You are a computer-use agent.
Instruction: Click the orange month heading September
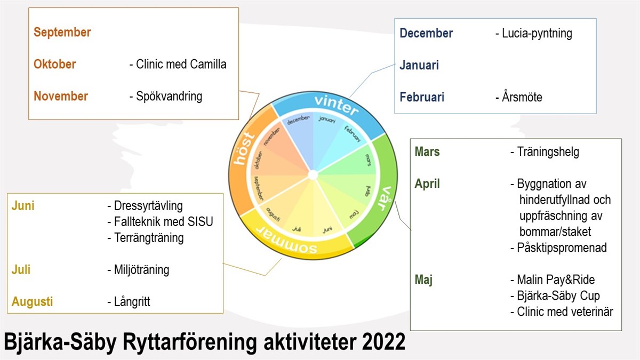click(62, 33)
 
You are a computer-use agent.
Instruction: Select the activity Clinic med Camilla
click(178, 65)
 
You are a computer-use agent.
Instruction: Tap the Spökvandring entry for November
click(166, 97)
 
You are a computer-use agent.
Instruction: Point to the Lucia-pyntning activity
click(534, 34)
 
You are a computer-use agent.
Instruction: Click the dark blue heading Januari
click(419, 65)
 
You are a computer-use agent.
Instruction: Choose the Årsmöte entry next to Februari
click(519, 97)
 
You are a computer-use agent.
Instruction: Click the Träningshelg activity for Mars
click(545, 152)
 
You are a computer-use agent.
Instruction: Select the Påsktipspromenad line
click(558, 247)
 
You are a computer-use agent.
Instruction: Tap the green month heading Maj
click(423, 280)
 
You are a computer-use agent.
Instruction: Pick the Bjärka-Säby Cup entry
click(555, 296)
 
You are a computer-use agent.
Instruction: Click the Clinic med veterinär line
click(562, 311)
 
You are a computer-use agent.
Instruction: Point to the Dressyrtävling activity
click(145, 206)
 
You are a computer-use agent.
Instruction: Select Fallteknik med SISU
click(161, 222)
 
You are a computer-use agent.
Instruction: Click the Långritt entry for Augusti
click(129, 302)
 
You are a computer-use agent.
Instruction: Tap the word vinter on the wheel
click(337, 105)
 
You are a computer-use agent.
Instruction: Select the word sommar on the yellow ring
click(286, 241)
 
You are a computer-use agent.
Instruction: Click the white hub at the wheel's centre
click(313, 175)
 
